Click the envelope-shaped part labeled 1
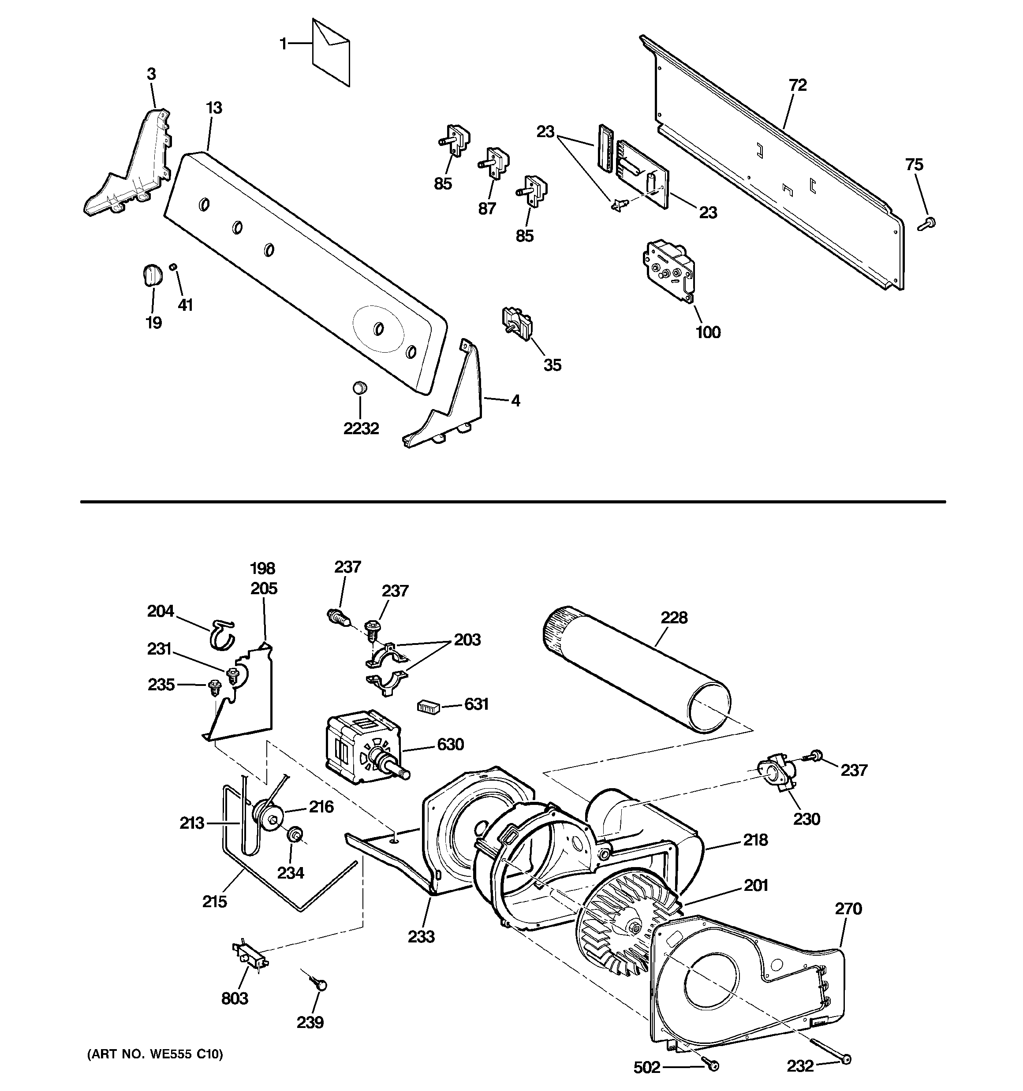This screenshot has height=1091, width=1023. pos(331,53)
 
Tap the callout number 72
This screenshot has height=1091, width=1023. pos(797,85)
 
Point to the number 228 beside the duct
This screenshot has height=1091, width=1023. pos(674,618)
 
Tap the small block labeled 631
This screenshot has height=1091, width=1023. pos(428,706)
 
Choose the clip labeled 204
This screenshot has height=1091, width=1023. pos(221,634)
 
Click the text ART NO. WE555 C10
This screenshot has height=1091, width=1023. pos(155,1054)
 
